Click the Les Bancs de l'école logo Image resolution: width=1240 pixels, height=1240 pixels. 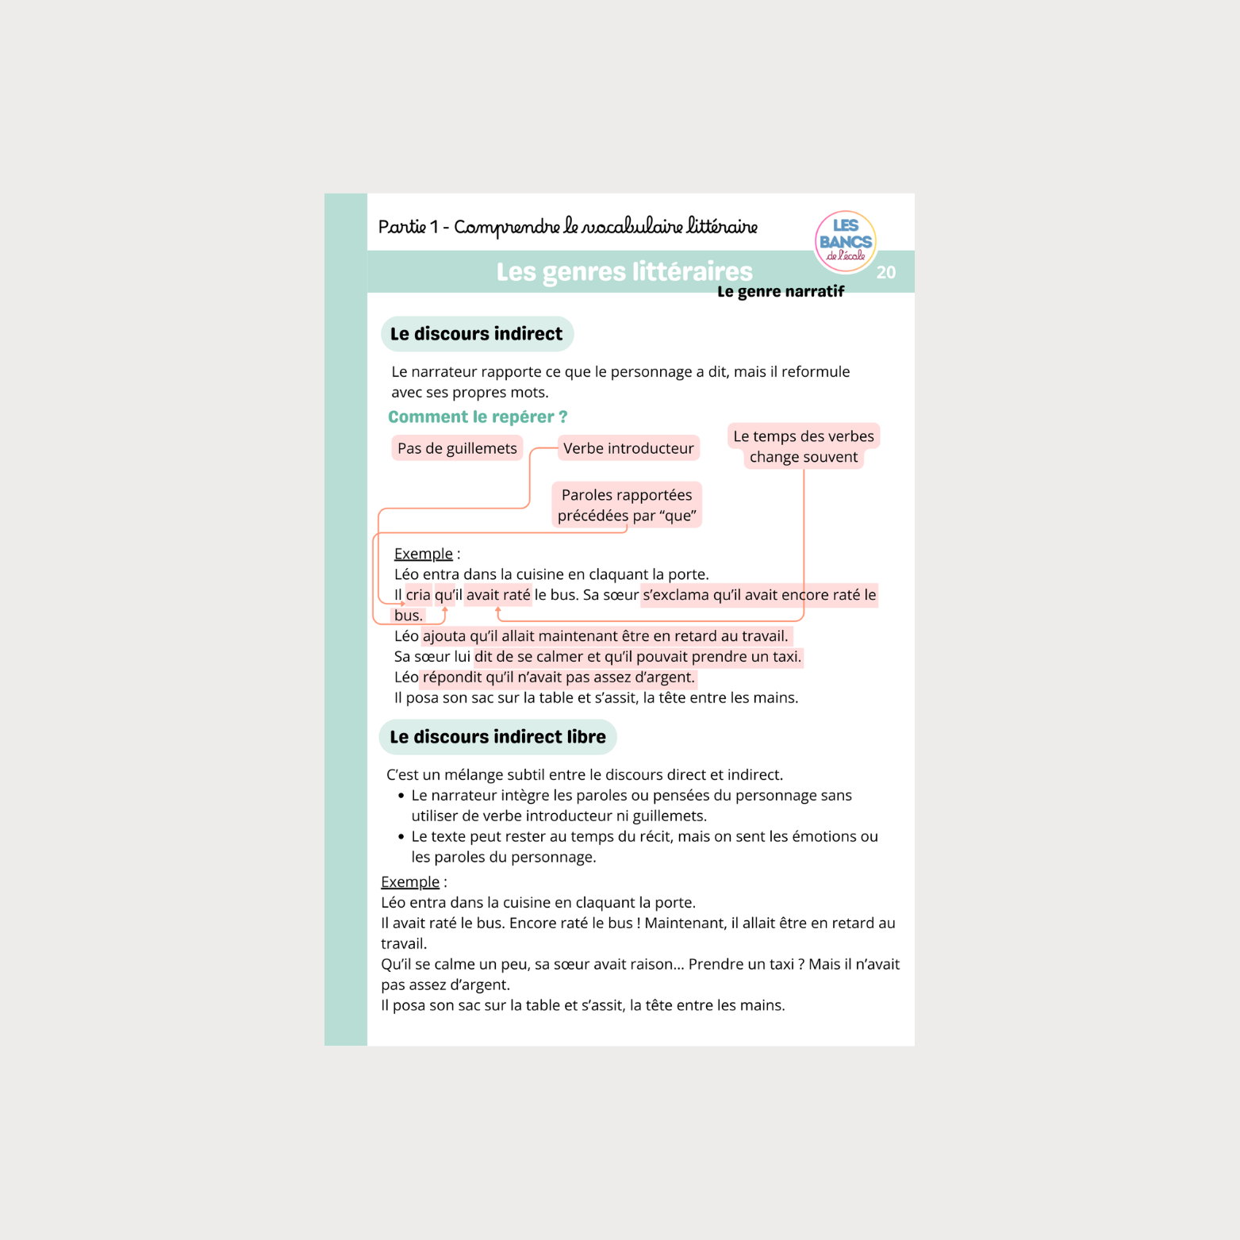pyautogui.click(x=845, y=240)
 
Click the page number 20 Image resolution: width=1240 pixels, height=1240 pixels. pyautogui.click(x=885, y=273)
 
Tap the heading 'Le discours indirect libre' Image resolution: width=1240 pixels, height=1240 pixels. pyautogui.click(x=497, y=737)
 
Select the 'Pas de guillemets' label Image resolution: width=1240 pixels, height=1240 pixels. pyautogui.click(x=457, y=448)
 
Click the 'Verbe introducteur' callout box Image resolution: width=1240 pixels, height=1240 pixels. pyautogui.click(x=628, y=448)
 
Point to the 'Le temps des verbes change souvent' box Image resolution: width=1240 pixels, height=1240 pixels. pyautogui.click(x=803, y=446)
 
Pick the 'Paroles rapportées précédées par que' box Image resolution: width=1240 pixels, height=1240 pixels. pyautogui.click(x=627, y=505)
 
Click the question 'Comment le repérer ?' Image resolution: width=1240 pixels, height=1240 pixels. pyautogui.click(x=478, y=417)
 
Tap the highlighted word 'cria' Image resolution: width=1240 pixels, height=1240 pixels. pyautogui.click(x=418, y=595)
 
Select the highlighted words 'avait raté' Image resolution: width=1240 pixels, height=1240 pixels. pyautogui.click(x=498, y=595)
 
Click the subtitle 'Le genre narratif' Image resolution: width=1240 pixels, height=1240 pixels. pyautogui.click(x=781, y=292)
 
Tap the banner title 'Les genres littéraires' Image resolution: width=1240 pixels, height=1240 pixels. pyautogui.click(x=624, y=272)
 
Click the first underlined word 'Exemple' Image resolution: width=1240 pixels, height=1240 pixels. pyautogui.click(x=423, y=554)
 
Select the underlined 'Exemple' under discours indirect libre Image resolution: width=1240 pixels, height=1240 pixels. pyautogui.click(x=409, y=882)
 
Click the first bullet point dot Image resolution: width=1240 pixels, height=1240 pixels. pyautogui.click(x=401, y=796)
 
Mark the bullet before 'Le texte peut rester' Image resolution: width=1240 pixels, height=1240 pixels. pyautogui.click(x=401, y=837)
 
